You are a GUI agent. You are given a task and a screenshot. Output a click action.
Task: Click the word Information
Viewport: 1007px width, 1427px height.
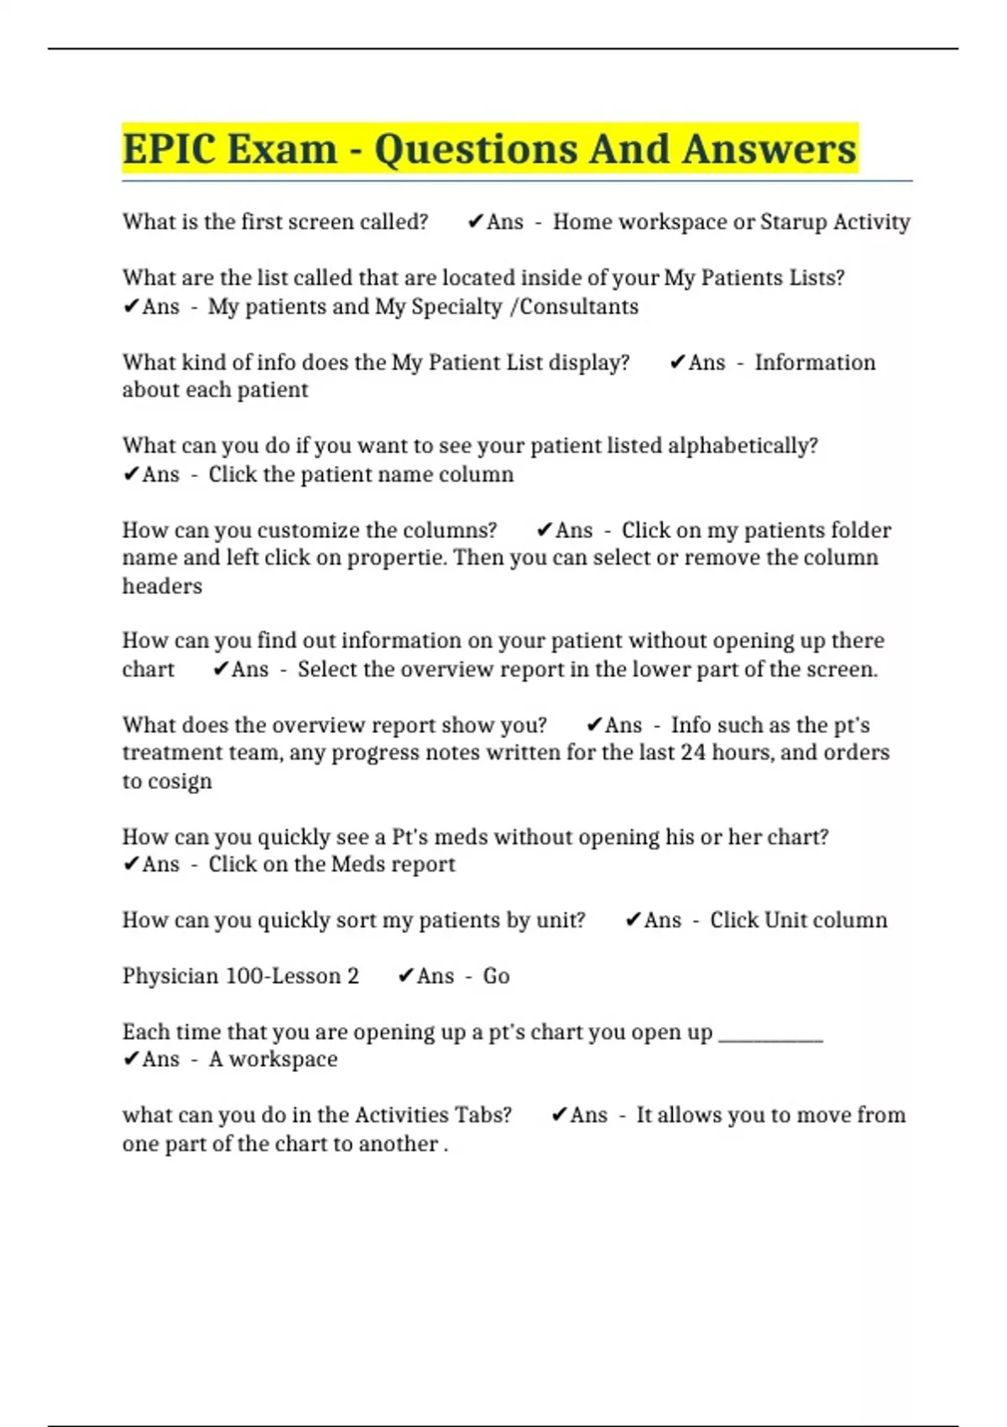tap(815, 362)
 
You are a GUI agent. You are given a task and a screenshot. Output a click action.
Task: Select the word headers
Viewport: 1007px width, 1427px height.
tap(162, 586)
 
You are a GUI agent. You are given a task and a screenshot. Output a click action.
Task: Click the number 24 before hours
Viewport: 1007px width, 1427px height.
tap(693, 752)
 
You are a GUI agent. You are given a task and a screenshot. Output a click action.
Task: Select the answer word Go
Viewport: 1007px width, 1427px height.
tap(496, 975)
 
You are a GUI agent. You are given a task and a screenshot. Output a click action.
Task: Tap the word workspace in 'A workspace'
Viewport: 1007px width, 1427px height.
tap(284, 1059)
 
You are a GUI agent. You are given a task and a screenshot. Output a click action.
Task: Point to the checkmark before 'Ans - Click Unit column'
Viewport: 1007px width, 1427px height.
tap(634, 919)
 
